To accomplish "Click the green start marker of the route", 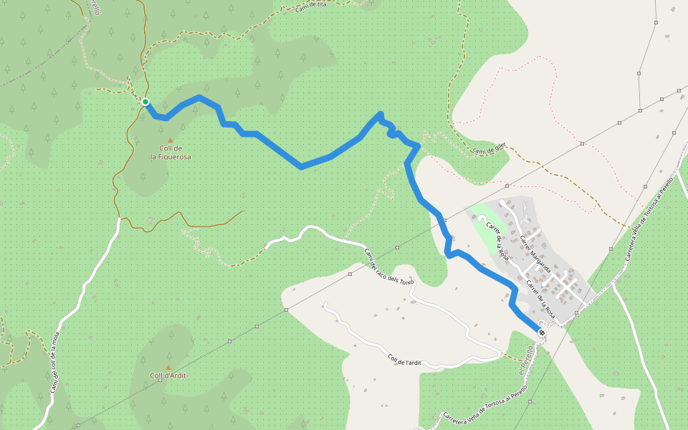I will [145, 102].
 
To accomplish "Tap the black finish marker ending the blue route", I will [541, 332].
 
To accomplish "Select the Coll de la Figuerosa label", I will [171, 152].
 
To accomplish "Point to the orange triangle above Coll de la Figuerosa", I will [170, 140].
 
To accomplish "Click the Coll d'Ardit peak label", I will [168, 376].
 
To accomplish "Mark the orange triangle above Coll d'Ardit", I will [168, 367].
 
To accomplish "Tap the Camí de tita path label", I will [311, 7].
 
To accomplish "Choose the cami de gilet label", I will [489, 148].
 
